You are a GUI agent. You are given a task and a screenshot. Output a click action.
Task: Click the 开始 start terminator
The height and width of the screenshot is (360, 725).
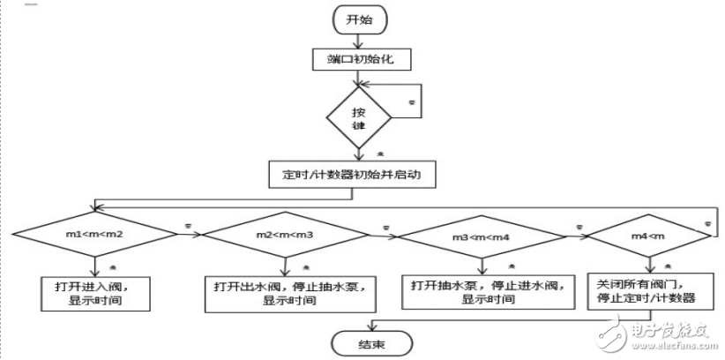click(357, 19)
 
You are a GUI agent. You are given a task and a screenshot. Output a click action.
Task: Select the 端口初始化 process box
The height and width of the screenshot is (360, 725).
click(357, 60)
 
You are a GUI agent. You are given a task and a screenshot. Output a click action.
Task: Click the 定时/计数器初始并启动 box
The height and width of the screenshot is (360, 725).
click(357, 174)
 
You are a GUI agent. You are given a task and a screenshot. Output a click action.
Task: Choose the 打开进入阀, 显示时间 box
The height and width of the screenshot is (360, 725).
click(93, 292)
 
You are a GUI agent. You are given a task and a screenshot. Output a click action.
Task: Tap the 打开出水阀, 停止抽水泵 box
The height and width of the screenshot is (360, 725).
click(284, 292)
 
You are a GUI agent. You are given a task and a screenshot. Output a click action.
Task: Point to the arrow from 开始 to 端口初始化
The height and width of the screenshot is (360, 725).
click(357, 41)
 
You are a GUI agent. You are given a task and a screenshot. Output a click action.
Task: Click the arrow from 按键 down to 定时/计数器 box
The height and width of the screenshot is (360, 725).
click(357, 154)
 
